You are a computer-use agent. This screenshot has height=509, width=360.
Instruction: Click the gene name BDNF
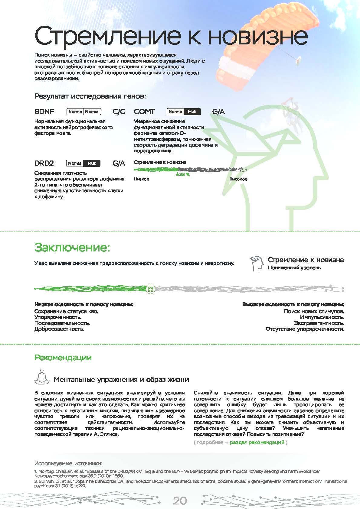click(x=44, y=112)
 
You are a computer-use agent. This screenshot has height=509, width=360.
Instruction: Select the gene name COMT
click(x=144, y=112)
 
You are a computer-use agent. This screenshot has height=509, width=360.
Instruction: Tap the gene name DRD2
click(x=44, y=163)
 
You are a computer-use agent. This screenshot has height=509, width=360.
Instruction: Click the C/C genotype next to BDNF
click(x=119, y=112)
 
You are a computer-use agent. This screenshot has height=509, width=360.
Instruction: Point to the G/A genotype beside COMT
click(x=218, y=112)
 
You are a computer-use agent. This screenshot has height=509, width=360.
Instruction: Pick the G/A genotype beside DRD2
click(x=119, y=163)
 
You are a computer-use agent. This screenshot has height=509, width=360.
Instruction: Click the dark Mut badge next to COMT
click(x=192, y=112)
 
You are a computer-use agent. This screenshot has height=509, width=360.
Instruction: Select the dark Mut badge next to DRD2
click(x=92, y=163)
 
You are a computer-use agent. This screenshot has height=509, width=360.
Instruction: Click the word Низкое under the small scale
click(x=141, y=179)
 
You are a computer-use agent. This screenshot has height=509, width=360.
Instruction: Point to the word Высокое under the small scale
click(x=238, y=179)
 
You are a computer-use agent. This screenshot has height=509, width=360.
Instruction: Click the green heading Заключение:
click(x=72, y=247)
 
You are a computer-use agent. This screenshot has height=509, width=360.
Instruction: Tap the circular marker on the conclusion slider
click(x=150, y=289)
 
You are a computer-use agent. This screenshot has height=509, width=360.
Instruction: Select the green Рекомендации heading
click(x=63, y=358)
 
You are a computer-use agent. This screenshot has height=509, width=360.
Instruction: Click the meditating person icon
click(x=41, y=377)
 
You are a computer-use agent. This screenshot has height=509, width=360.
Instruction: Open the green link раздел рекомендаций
click(x=257, y=443)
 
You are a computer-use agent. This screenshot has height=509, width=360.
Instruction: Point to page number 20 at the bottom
click(x=180, y=501)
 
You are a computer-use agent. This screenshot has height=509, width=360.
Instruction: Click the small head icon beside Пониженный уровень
click(x=257, y=263)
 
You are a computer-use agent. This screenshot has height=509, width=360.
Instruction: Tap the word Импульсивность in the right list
click(x=322, y=317)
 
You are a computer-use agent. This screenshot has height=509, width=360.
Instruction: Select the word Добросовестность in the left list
click(x=59, y=329)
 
